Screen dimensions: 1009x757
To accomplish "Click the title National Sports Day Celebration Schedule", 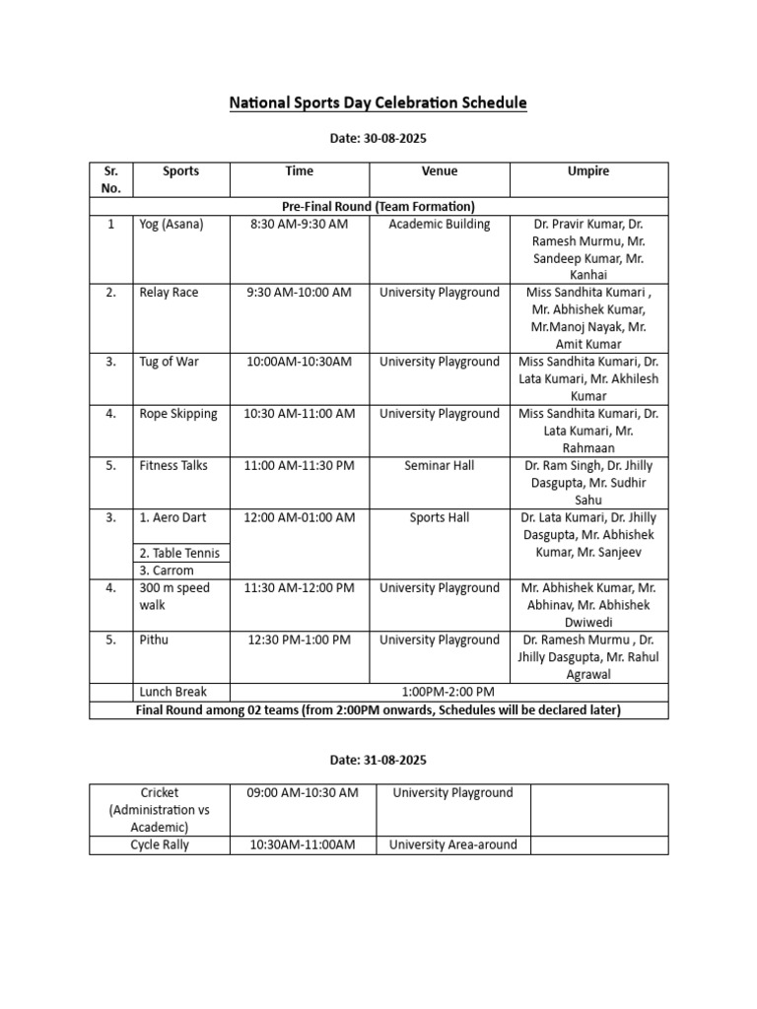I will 378,102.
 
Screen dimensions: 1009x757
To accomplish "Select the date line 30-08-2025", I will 378,140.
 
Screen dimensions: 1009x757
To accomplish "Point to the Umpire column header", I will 588,171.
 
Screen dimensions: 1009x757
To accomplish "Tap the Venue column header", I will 440,171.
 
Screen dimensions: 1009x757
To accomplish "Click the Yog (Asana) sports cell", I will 172,225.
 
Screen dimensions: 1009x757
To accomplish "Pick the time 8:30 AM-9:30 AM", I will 299,225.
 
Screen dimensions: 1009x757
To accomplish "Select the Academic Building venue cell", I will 440,225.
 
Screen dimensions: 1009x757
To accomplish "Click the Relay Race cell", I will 169,293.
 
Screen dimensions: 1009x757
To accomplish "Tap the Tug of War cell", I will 169,362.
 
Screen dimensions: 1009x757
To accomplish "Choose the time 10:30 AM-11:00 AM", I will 299,414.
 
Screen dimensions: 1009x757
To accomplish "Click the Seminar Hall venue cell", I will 440,466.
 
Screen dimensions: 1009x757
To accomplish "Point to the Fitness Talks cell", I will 173,466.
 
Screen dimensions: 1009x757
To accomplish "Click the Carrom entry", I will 167,571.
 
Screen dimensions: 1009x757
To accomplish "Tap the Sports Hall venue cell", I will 440,518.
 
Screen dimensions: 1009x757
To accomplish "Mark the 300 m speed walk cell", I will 174,596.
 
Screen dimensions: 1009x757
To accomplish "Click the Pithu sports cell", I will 154,640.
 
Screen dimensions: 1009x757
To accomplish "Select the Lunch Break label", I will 172,692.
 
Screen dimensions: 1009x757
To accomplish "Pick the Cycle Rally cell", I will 159,844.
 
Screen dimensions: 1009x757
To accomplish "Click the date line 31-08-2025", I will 378,761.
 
